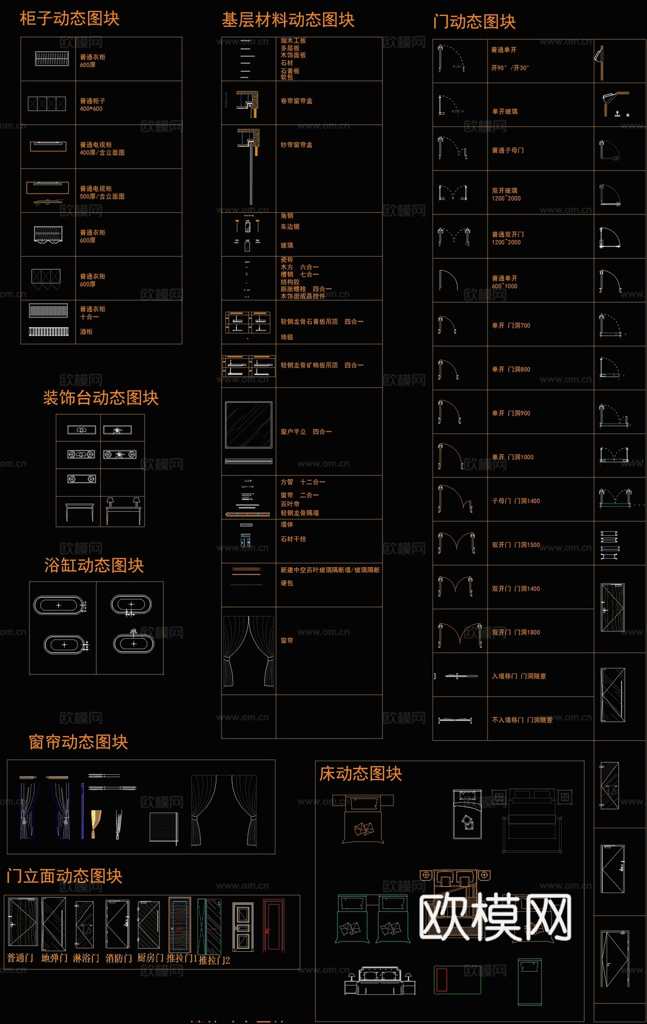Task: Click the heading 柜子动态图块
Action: tap(69, 19)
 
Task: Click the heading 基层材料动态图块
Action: tap(288, 20)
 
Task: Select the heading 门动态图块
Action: tap(474, 22)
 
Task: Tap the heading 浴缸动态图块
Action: tap(94, 565)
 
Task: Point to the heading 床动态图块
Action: tap(361, 774)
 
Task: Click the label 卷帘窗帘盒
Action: tap(296, 101)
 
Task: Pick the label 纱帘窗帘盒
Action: tap(296, 145)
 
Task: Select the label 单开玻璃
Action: tap(505, 112)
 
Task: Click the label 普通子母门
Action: tap(508, 151)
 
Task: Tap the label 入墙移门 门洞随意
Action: tap(518, 676)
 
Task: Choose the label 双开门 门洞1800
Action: tap(516, 633)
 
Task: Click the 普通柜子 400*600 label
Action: tap(92, 105)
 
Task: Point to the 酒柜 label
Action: tap(86, 332)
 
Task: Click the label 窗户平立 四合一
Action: tap(306, 432)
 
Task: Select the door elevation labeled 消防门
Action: tap(117, 925)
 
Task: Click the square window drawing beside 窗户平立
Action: tap(249, 425)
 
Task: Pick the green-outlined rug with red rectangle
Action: tap(458, 979)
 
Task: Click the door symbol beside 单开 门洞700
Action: tap(448, 325)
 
